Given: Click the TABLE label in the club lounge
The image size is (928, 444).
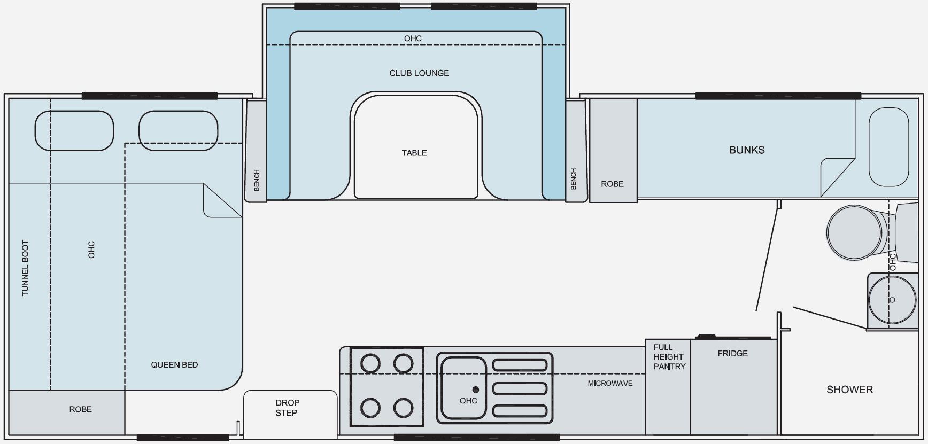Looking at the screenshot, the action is pos(414,153).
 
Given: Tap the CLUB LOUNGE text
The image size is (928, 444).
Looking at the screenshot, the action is pos(419,73).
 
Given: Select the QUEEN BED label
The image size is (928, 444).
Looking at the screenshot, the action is pos(174,365).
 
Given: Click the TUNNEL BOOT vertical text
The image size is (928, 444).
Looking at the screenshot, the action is pos(25,268).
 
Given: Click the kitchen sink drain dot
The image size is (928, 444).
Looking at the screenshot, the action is pos(475,390).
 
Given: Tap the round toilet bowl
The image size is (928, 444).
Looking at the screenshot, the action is pos(854,232).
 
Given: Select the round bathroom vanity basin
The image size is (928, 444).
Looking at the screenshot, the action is pos(892,300).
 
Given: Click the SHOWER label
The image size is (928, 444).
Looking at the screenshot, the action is pos(849,390).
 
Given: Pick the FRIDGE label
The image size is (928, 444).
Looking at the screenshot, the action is pos(732,353).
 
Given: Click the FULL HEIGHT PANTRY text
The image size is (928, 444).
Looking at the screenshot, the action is pos(669,357).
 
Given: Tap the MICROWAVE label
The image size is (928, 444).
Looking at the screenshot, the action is pos(610,383).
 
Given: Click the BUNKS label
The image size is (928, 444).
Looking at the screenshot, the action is pos(747,150).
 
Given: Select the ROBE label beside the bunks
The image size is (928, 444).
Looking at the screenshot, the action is pos(612,184).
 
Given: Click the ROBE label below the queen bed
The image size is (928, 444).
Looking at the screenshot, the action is pos(80,409).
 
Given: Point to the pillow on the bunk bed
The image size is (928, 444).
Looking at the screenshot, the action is pos(888,147).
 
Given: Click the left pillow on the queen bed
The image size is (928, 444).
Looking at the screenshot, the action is pos(74,130).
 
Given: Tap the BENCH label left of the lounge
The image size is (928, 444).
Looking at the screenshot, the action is pos(257,181).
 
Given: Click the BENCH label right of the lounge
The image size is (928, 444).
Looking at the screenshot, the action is pos(574,179).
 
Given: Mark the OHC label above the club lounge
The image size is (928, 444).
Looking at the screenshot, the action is pos(413,38).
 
